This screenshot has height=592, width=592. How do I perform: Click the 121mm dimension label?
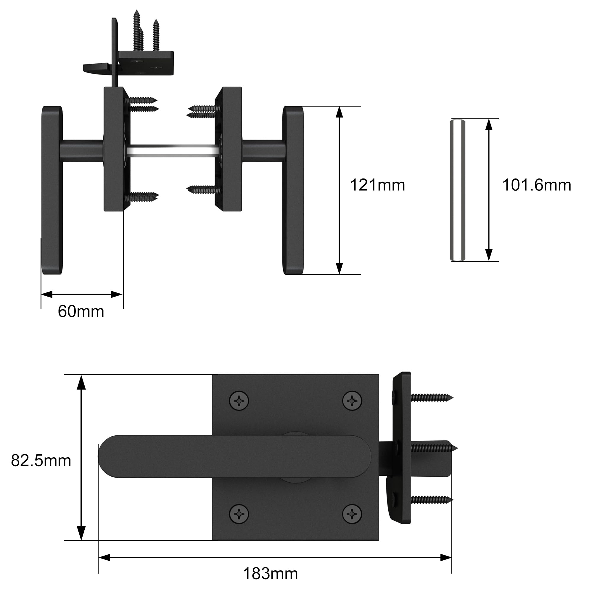click(377, 185)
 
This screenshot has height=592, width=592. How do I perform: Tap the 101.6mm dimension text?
click(537, 185)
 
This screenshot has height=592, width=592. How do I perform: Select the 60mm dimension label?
click(81, 312)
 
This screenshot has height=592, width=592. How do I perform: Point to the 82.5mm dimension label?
click(41, 461)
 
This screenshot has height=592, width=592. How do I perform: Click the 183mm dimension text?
click(270, 574)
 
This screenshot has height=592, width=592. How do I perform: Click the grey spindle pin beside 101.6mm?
click(458, 190)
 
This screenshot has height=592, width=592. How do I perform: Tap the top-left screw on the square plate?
click(239, 400)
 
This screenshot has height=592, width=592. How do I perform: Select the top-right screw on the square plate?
click(352, 400)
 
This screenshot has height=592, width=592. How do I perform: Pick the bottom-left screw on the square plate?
click(239, 514)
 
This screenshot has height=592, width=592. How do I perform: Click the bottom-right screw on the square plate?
click(352, 514)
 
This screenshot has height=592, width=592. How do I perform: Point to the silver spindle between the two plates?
click(173, 151)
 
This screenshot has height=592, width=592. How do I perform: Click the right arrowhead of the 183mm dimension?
click(446, 557)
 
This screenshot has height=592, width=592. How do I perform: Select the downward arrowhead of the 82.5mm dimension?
click(81, 533)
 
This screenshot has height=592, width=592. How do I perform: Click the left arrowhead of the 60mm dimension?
click(46, 295)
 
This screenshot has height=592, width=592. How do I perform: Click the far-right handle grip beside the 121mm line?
click(293, 190)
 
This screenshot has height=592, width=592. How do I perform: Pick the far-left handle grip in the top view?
click(52, 190)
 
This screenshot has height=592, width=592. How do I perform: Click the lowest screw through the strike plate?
click(430, 500)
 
